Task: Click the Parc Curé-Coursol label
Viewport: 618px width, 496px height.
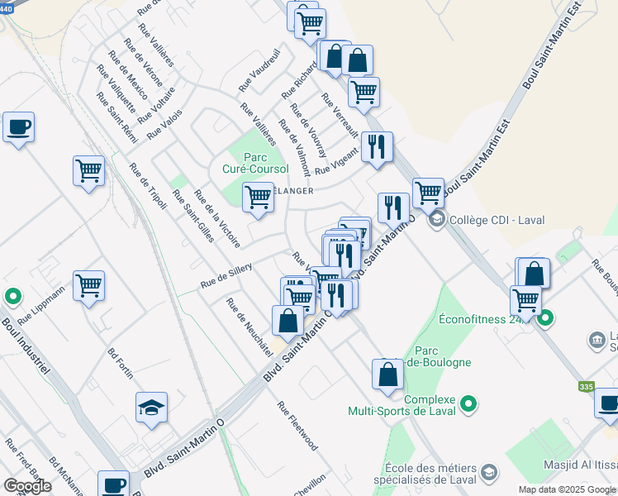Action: pyautogui.click(x=267, y=163)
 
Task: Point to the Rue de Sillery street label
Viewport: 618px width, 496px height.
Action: pyautogui.click(x=226, y=274)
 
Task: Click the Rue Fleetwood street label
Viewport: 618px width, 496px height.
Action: pyautogui.click(x=297, y=426)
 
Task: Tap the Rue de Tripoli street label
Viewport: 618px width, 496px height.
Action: pyautogui.click(x=147, y=186)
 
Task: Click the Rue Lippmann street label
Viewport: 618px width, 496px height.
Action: pyautogui.click(x=40, y=303)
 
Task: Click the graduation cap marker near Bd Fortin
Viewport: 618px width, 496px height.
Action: pyautogui.click(x=150, y=408)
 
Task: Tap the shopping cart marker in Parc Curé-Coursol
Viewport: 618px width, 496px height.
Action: pyautogui.click(x=258, y=198)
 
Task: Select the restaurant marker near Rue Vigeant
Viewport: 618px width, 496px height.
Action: pyautogui.click(x=377, y=147)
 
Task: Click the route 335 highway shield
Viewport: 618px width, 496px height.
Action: pyautogui.click(x=586, y=387)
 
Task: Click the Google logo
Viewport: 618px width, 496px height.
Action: pyautogui.click(x=27, y=486)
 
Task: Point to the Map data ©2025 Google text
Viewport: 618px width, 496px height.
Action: pyautogui.click(x=566, y=489)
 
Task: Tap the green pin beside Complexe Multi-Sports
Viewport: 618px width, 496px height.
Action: pyautogui.click(x=469, y=404)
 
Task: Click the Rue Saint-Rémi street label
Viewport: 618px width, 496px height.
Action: pyautogui.click(x=116, y=117)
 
